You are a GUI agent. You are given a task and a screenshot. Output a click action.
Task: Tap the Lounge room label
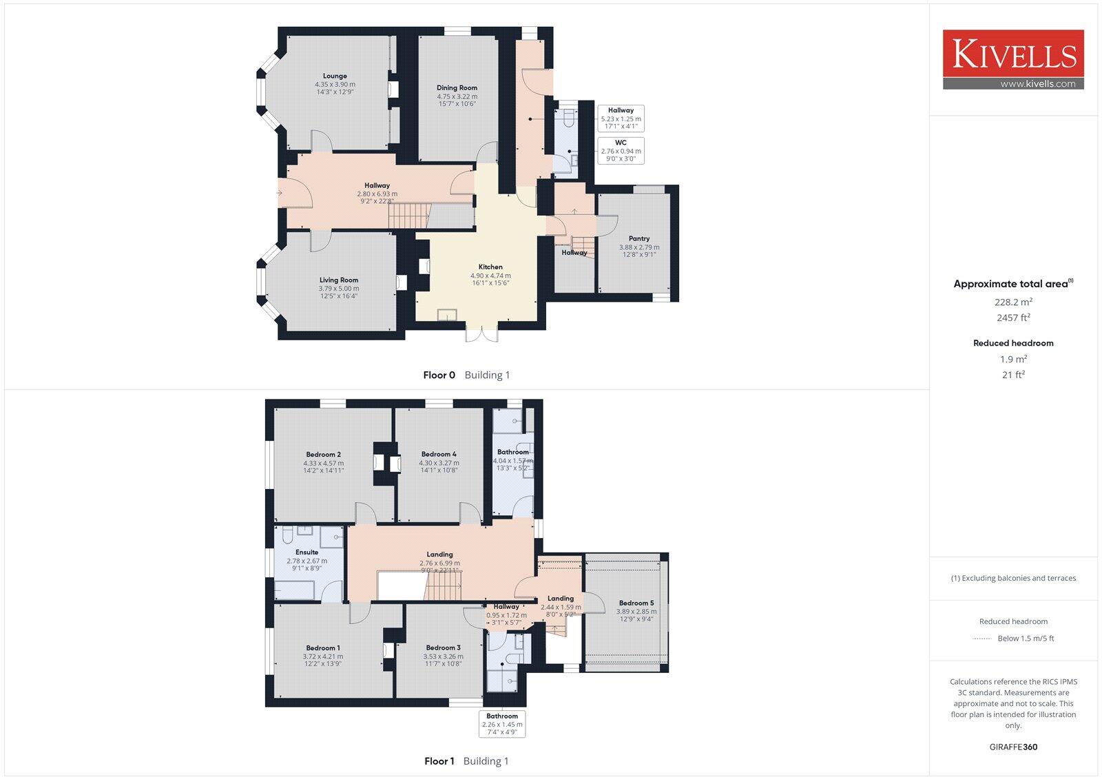tap(335, 76)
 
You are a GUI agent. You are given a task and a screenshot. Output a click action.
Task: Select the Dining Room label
tap(457, 88)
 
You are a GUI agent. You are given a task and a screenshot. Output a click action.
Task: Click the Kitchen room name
tap(490, 267)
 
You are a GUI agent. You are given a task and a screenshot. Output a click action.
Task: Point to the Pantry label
tap(638, 239)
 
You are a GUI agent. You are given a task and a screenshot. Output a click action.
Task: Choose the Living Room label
tap(339, 280)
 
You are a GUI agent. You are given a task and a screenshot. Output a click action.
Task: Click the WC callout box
tap(621, 150)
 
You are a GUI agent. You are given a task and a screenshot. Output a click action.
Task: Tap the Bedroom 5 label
tap(636, 603)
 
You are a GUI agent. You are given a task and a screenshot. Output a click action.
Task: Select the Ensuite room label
tap(306, 552)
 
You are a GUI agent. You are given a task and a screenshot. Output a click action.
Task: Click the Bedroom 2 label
tap(323, 455)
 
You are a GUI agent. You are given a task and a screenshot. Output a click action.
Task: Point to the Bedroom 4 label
tap(439, 455)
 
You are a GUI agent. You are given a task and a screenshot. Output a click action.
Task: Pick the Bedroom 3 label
tap(443, 648)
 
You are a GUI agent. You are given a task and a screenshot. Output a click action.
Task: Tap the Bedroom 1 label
tap(323, 648)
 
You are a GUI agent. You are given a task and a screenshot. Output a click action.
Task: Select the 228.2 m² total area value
tap(1012, 302)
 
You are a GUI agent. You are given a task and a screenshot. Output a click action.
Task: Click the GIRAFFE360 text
tap(1012, 747)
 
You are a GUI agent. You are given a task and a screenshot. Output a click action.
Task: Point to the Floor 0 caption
tap(439, 375)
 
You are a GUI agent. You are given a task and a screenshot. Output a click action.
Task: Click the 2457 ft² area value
tap(1012, 318)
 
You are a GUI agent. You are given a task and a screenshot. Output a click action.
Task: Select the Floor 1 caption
tap(439, 761)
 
